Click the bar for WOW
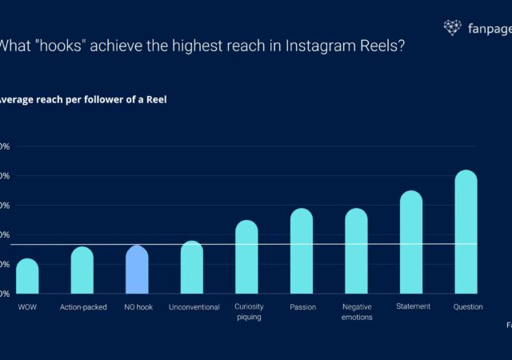point(27,276)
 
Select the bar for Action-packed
point(82,270)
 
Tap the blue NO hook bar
point(137,270)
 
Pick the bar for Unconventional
point(192,267)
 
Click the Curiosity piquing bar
point(246,257)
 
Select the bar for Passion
point(302,251)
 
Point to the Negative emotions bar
point(356,251)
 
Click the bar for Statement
point(411,242)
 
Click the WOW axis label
point(27,307)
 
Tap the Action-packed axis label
point(82,307)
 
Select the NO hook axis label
point(137,307)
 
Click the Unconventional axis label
point(194,307)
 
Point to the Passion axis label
point(302,307)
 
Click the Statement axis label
point(413,306)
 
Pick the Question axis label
point(467,306)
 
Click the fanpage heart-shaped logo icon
point(452,28)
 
